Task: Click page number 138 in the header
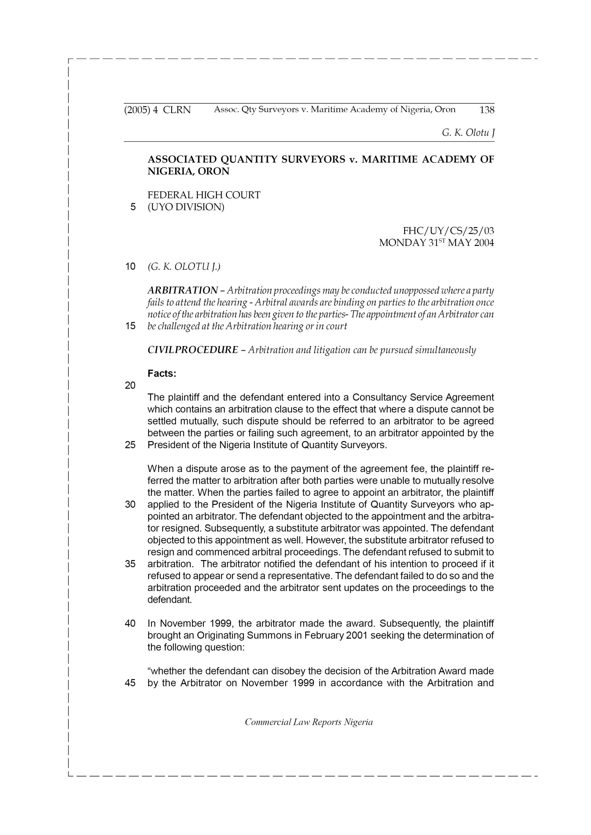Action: [487, 110]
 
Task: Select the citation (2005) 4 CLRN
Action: [157, 110]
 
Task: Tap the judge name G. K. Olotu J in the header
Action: [468, 133]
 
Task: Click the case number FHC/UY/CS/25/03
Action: [448, 231]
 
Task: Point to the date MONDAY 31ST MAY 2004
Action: [436, 243]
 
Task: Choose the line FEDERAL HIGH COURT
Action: [204, 195]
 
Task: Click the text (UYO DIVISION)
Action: [186, 207]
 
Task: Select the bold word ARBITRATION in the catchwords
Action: [183, 291]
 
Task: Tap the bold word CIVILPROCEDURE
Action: [193, 350]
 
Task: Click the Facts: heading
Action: [162, 373]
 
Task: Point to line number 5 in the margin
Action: [133, 207]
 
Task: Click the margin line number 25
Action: [130, 445]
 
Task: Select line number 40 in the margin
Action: [130, 623]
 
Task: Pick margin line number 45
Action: [130, 683]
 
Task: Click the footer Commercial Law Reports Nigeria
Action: [309, 722]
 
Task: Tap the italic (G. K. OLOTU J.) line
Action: [184, 266]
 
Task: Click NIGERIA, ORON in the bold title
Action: [188, 171]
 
